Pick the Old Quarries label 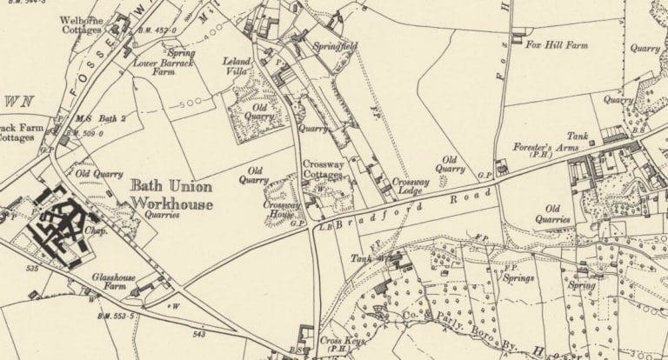coord(552,214)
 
